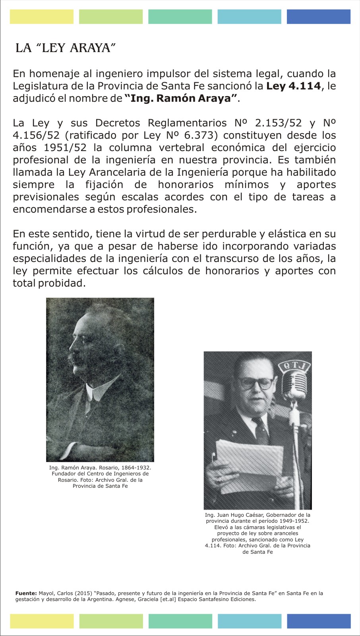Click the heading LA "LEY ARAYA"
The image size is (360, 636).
(66, 48)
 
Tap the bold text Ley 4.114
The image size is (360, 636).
(293, 86)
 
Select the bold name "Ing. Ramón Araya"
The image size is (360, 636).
(181, 98)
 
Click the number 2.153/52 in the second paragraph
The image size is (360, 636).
(278, 123)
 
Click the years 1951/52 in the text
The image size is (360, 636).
(65, 147)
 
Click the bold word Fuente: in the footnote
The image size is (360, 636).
(26, 593)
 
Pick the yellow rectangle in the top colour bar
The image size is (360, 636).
(42, 17)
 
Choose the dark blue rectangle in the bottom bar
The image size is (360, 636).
(319, 621)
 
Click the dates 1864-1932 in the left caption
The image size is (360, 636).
(136, 468)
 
